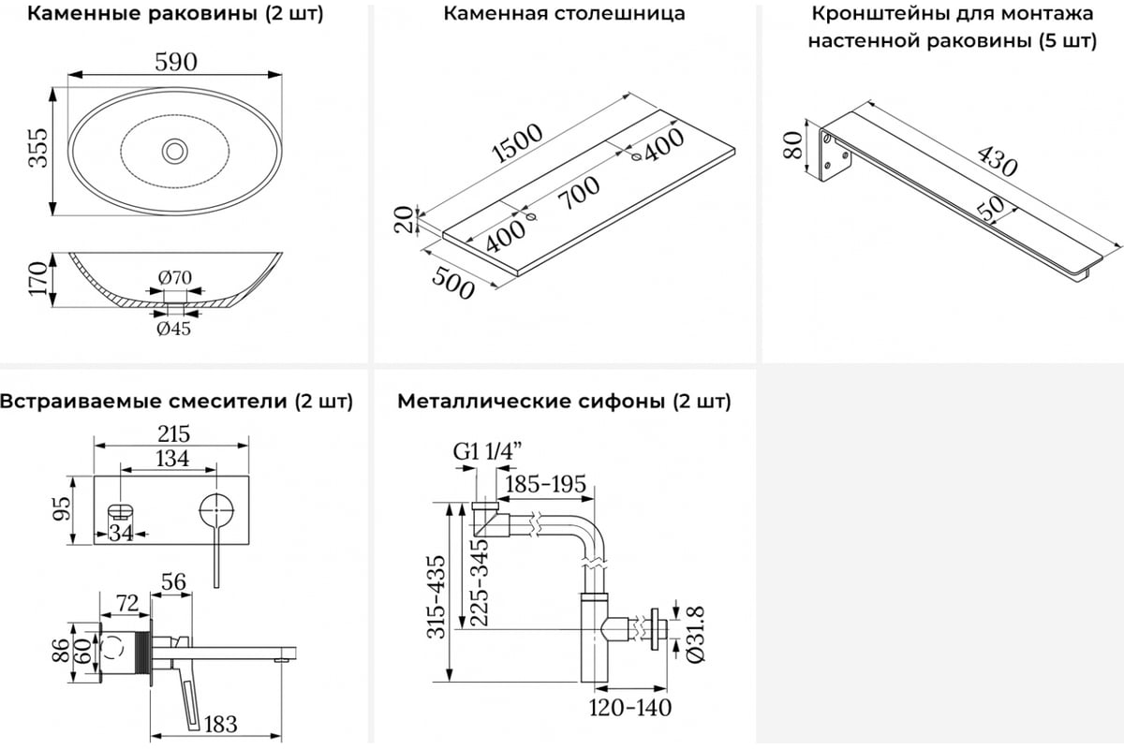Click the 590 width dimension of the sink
176,63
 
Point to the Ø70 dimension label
174,277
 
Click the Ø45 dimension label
174,329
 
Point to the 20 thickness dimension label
404,220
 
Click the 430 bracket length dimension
997,161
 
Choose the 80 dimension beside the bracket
793,146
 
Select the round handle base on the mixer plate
215,511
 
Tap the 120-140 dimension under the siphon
629,708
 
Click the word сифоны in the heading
618,402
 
